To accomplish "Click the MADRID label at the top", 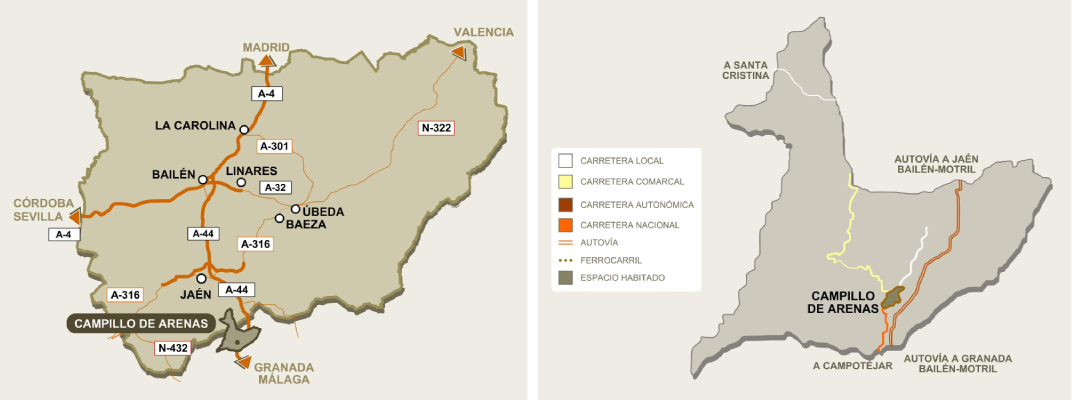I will coord(266,46).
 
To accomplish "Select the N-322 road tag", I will coord(436,127).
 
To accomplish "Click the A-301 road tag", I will coord(273,146).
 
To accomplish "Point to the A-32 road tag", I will coord(273,187).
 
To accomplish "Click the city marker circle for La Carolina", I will coord(243,128).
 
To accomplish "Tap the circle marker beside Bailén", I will coord(203,180).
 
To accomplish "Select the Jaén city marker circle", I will coord(201,278).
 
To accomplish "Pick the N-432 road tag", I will coord(172,348).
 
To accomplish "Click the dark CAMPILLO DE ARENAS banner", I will coord(142,323).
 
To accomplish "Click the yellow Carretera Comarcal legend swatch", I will coord(566,182).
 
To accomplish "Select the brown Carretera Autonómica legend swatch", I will coord(566,204).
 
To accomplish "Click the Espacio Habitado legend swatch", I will coord(566,277).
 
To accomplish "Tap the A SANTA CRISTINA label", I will coord(746,69).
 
